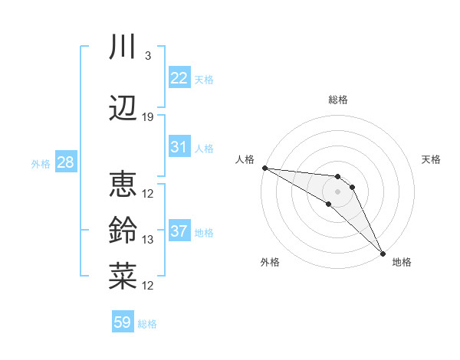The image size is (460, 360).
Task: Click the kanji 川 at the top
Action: pos(123,47)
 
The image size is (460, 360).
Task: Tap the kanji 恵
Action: pos(123,184)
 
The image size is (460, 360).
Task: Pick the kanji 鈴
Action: pos(123,230)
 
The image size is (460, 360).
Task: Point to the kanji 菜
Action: pos(123,276)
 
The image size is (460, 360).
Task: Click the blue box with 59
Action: pos(123,322)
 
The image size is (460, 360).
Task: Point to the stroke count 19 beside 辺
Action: pos(148,117)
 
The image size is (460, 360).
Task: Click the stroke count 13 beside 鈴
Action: pos(148,240)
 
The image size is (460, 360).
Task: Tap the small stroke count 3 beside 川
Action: pos(147,56)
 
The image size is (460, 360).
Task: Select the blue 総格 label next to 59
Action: pos(147,324)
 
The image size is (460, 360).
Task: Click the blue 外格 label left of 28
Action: pos(41,163)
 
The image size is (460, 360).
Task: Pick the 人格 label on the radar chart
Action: pos(245,159)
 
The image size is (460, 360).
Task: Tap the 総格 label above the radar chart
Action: pos(337,100)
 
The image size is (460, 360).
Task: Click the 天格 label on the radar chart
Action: pos(431,159)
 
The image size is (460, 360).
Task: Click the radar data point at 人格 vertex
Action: pos(264,168)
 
